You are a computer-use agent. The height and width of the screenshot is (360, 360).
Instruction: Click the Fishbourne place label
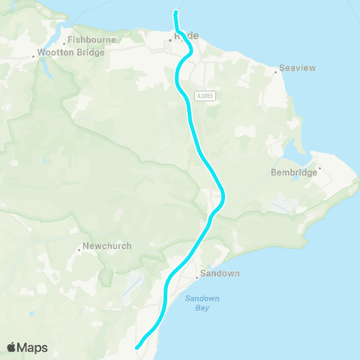pyautogui.click(x=91, y=40)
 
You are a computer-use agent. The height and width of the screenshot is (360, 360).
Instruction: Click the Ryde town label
pyautogui.click(x=186, y=35)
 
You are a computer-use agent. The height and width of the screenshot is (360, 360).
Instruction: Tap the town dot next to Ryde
pyautogui.click(x=170, y=40)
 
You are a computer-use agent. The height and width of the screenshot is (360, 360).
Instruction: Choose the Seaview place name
pyautogui.click(x=297, y=68)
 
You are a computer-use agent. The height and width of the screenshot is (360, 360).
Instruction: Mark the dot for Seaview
pyautogui.click(x=276, y=73)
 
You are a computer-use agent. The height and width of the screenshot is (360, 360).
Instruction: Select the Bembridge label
pyautogui.click(x=294, y=172)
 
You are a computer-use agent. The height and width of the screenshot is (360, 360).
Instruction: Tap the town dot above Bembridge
pyautogui.click(x=320, y=168)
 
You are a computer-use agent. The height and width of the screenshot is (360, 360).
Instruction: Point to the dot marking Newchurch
pyautogui.click(x=79, y=250)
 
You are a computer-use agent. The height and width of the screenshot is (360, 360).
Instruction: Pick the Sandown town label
pyautogui.click(x=220, y=274)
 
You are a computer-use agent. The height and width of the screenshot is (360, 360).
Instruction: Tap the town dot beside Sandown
pyautogui.click(x=196, y=277)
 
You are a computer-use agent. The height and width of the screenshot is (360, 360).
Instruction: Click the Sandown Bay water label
pyautogui.click(x=202, y=303)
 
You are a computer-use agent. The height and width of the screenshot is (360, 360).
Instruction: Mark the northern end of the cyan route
pyautogui.click(x=175, y=12)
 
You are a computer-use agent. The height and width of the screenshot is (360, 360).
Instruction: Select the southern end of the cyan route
pyautogui.click(x=136, y=347)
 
